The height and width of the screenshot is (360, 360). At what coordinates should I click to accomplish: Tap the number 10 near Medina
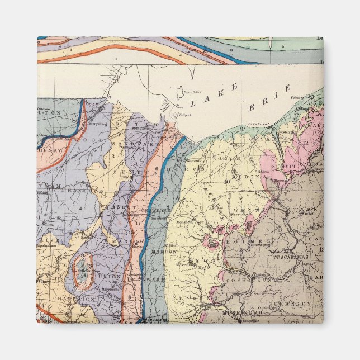click(x=228, y=181)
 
